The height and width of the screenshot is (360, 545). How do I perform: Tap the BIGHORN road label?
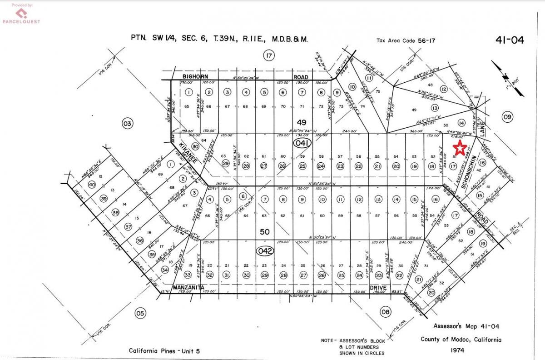point(195,77)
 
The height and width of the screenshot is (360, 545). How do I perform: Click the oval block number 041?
point(301,143)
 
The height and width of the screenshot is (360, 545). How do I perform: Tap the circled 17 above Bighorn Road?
point(269,56)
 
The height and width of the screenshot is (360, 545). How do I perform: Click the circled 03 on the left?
point(128,123)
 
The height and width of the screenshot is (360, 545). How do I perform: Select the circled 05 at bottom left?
point(140,313)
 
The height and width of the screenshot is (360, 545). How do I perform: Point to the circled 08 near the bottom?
point(385,311)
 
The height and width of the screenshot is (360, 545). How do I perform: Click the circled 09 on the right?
point(507,117)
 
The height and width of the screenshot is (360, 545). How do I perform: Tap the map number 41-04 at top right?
point(510,40)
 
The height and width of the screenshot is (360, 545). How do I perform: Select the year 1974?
point(461,350)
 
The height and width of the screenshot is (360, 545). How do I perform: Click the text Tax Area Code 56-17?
point(406,41)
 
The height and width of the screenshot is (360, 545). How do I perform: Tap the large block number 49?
point(302,122)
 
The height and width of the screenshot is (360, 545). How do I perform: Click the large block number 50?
point(264,232)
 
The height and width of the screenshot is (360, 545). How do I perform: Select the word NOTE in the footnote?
point(328,340)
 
